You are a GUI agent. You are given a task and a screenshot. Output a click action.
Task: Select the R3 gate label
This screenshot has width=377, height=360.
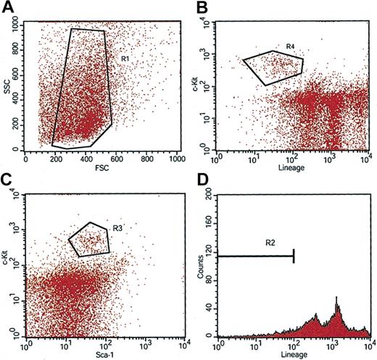tap(121, 227)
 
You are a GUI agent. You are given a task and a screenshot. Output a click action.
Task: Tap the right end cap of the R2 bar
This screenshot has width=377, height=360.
tap(294, 255)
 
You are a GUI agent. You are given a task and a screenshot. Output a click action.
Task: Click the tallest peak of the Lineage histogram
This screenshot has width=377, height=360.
tap(336, 298)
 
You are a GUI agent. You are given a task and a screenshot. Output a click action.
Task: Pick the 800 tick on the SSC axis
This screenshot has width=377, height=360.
tap(15, 51)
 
